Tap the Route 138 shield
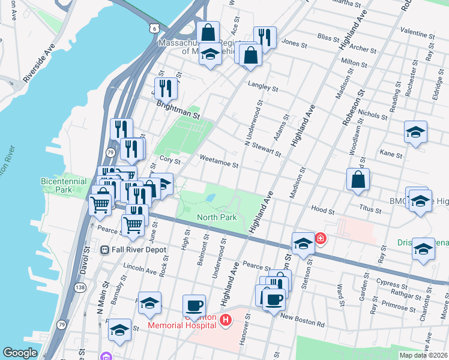click(80, 288)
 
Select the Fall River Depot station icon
click(104, 250)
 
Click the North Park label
click(217, 217)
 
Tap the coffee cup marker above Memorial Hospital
click(193, 305)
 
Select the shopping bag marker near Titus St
click(358, 179)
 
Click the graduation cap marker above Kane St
click(415, 131)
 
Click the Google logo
click(20, 352)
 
